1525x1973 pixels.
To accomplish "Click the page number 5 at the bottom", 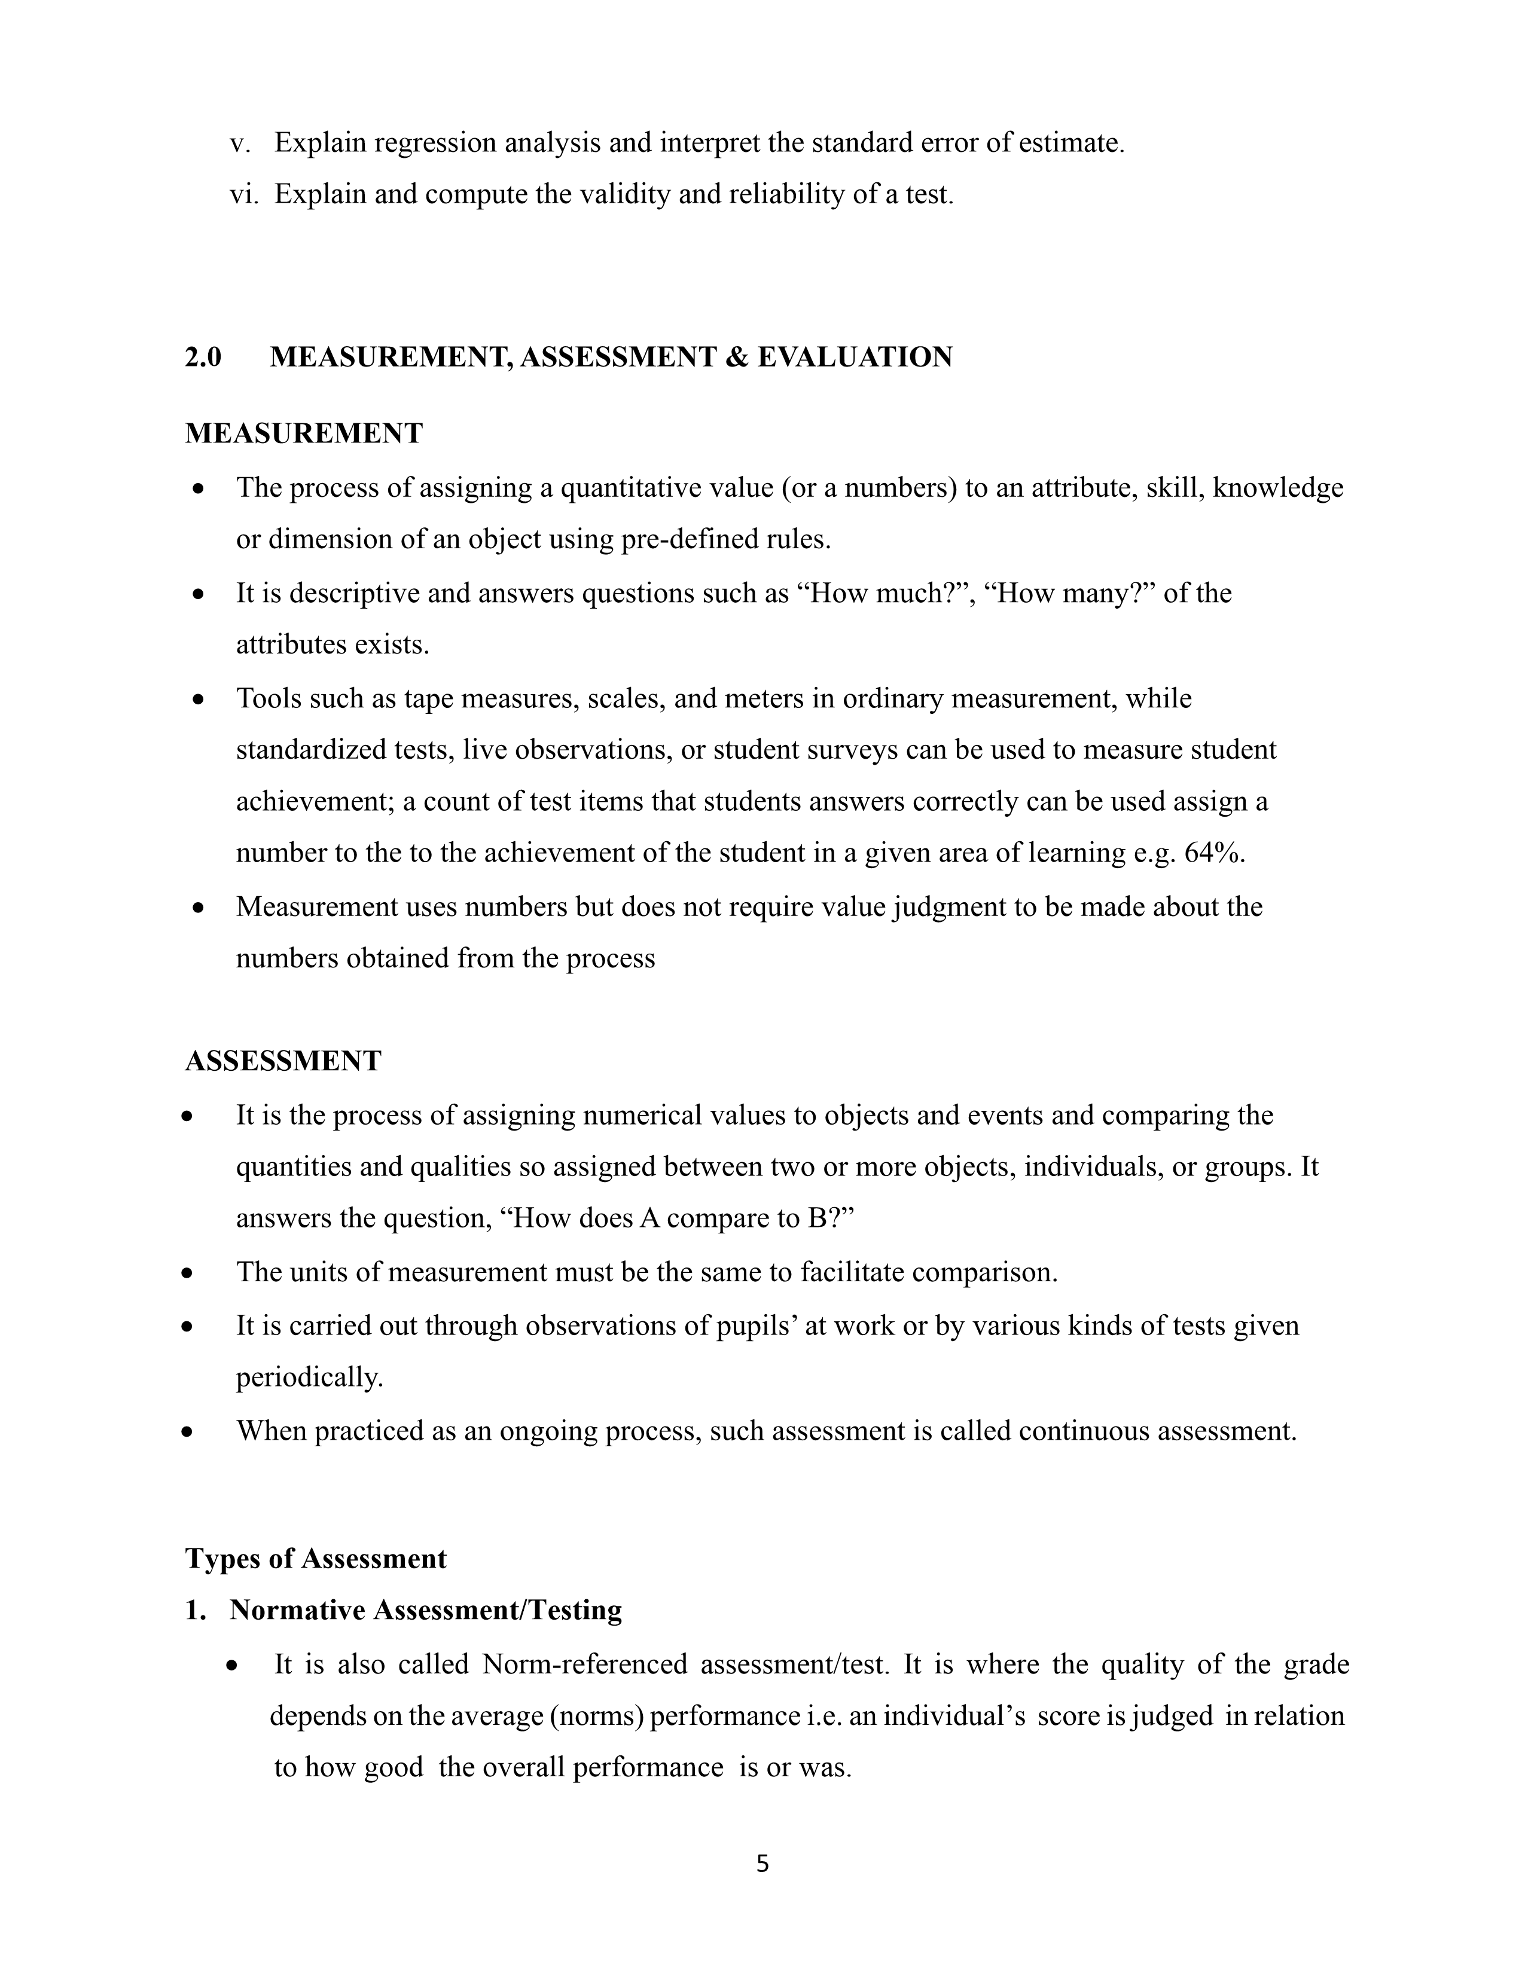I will pyautogui.click(x=761, y=1864).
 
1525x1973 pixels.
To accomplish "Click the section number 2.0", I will pyautogui.click(x=203, y=357).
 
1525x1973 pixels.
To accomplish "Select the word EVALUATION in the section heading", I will pyautogui.click(x=855, y=357).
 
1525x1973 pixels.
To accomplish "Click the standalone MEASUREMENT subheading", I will pyautogui.click(x=304, y=433).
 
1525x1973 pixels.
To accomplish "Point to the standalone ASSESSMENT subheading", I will pyautogui.click(x=283, y=1061).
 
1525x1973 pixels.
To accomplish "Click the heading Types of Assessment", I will pyautogui.click(x=315, y=1558).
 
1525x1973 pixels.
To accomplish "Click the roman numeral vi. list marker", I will pyautogui.click(x=244, y=194).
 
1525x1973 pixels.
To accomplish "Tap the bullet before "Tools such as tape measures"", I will pyautogui.click(x=199, y=700).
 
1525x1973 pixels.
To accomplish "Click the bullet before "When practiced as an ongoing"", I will pyautogui.click(x=187, y=1432).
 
